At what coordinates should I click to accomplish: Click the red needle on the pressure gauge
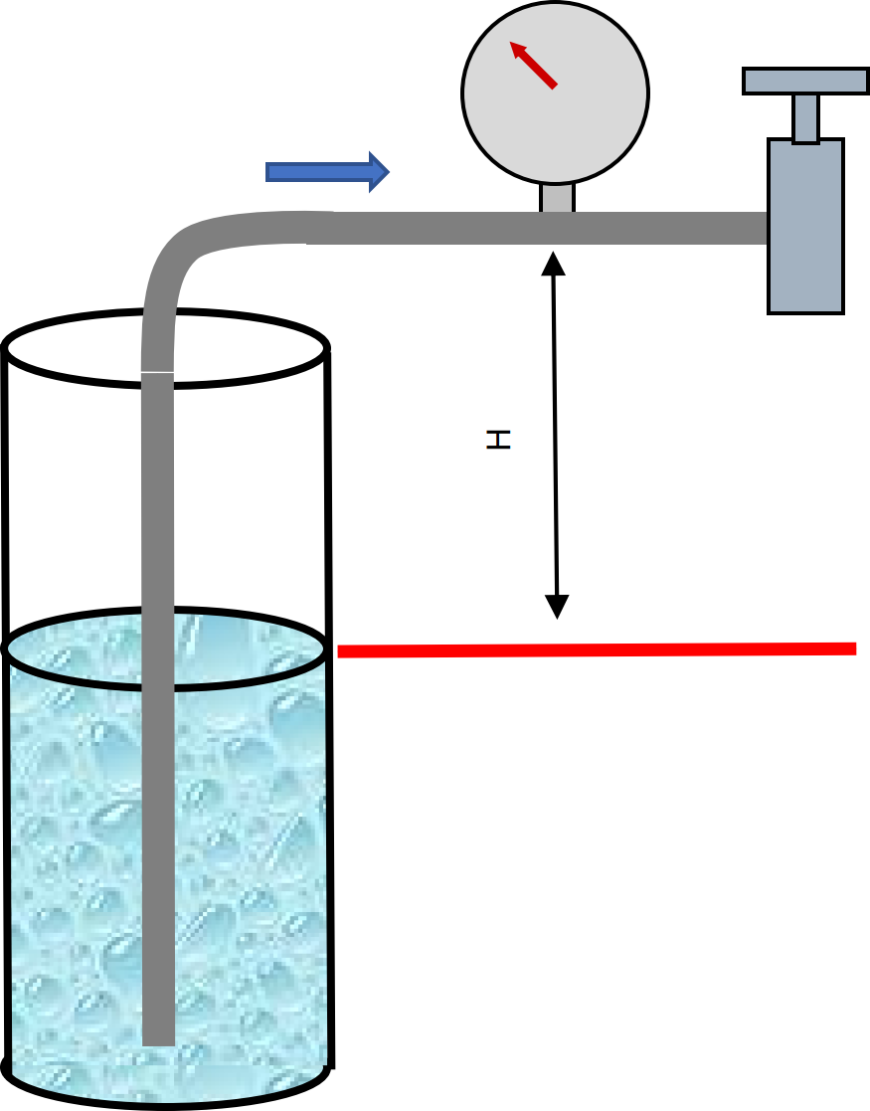pyautogui.click(x=534, y=65)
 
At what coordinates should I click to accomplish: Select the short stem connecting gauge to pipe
pyautogui.click(x=557, y=198)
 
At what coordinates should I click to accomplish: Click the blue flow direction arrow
pyautogui.click(x=327, y=171)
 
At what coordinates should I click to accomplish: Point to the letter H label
pyautogui.click(x=499, y=440)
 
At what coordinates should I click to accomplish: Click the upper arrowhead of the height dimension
pyautogui.click(x=553, y=263)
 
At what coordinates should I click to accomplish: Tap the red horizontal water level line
pyautogui.click(x=597, y=649)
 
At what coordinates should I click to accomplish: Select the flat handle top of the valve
pyautogui.click(x=805, y=81)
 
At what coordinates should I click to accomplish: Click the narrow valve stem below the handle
pyautogui.click(x=805, y=118)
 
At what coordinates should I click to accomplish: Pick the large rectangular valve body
pyautogui.click(x=805, y=227)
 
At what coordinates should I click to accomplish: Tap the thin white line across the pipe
pyautogui.click(x=157, y=371)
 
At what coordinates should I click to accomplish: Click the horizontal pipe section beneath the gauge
pyautogui.click(x=557, y=228)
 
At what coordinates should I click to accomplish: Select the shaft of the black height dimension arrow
pyautogui.click(x=555, y=435)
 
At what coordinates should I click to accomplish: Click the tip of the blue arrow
pyautogui.click(x=389, y=171)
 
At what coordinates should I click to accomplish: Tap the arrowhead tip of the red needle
pyautogui.click(x=511, y=43)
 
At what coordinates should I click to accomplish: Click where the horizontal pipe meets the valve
pyautogui.click(x=768, y=228)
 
